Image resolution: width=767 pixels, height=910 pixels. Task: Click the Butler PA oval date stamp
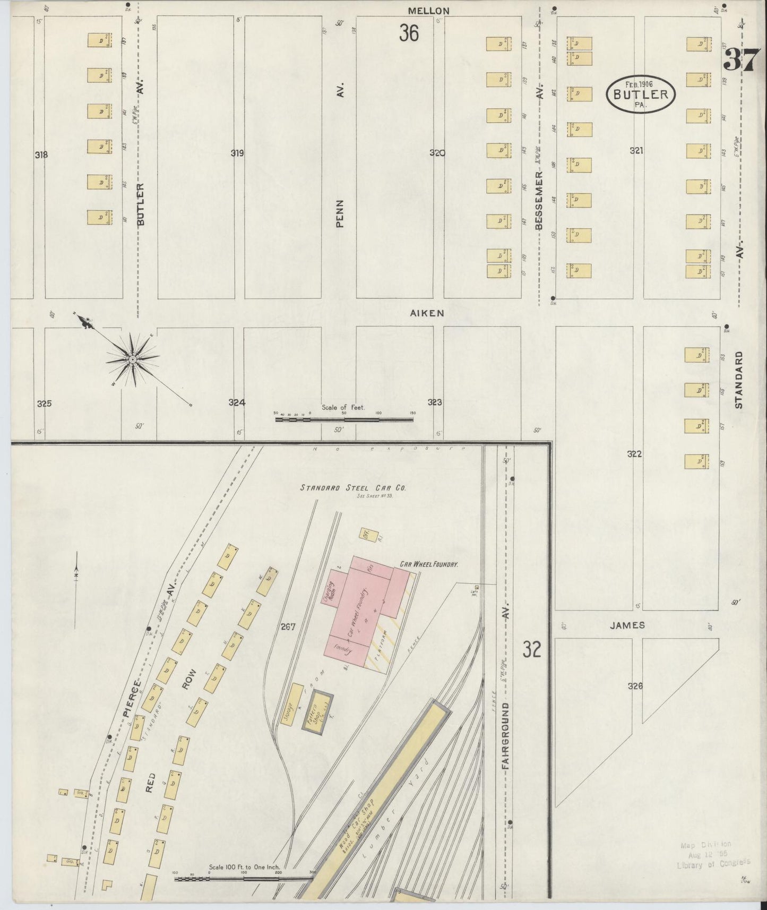point(641,94)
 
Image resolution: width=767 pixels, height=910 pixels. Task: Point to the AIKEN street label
point(427,313)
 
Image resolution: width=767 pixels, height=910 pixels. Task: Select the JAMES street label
point(627,625)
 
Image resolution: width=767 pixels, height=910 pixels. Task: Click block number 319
point(237,153)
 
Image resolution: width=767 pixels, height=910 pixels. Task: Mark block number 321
point(636,151)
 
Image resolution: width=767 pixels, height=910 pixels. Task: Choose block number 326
point(635,686)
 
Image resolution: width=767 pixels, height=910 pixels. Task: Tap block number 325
point(44,404)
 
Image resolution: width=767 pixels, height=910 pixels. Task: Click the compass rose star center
point(132,360)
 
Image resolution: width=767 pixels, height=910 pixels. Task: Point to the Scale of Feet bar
point(344,419)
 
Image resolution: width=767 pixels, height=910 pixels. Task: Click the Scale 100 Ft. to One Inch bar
point(244,878)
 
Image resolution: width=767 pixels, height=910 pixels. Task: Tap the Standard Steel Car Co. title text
point(352,487)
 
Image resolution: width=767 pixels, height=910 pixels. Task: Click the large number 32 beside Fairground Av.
point(531,649)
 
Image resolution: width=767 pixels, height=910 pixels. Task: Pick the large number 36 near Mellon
point(409,33)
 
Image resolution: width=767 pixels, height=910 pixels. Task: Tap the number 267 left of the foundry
point(288,627)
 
